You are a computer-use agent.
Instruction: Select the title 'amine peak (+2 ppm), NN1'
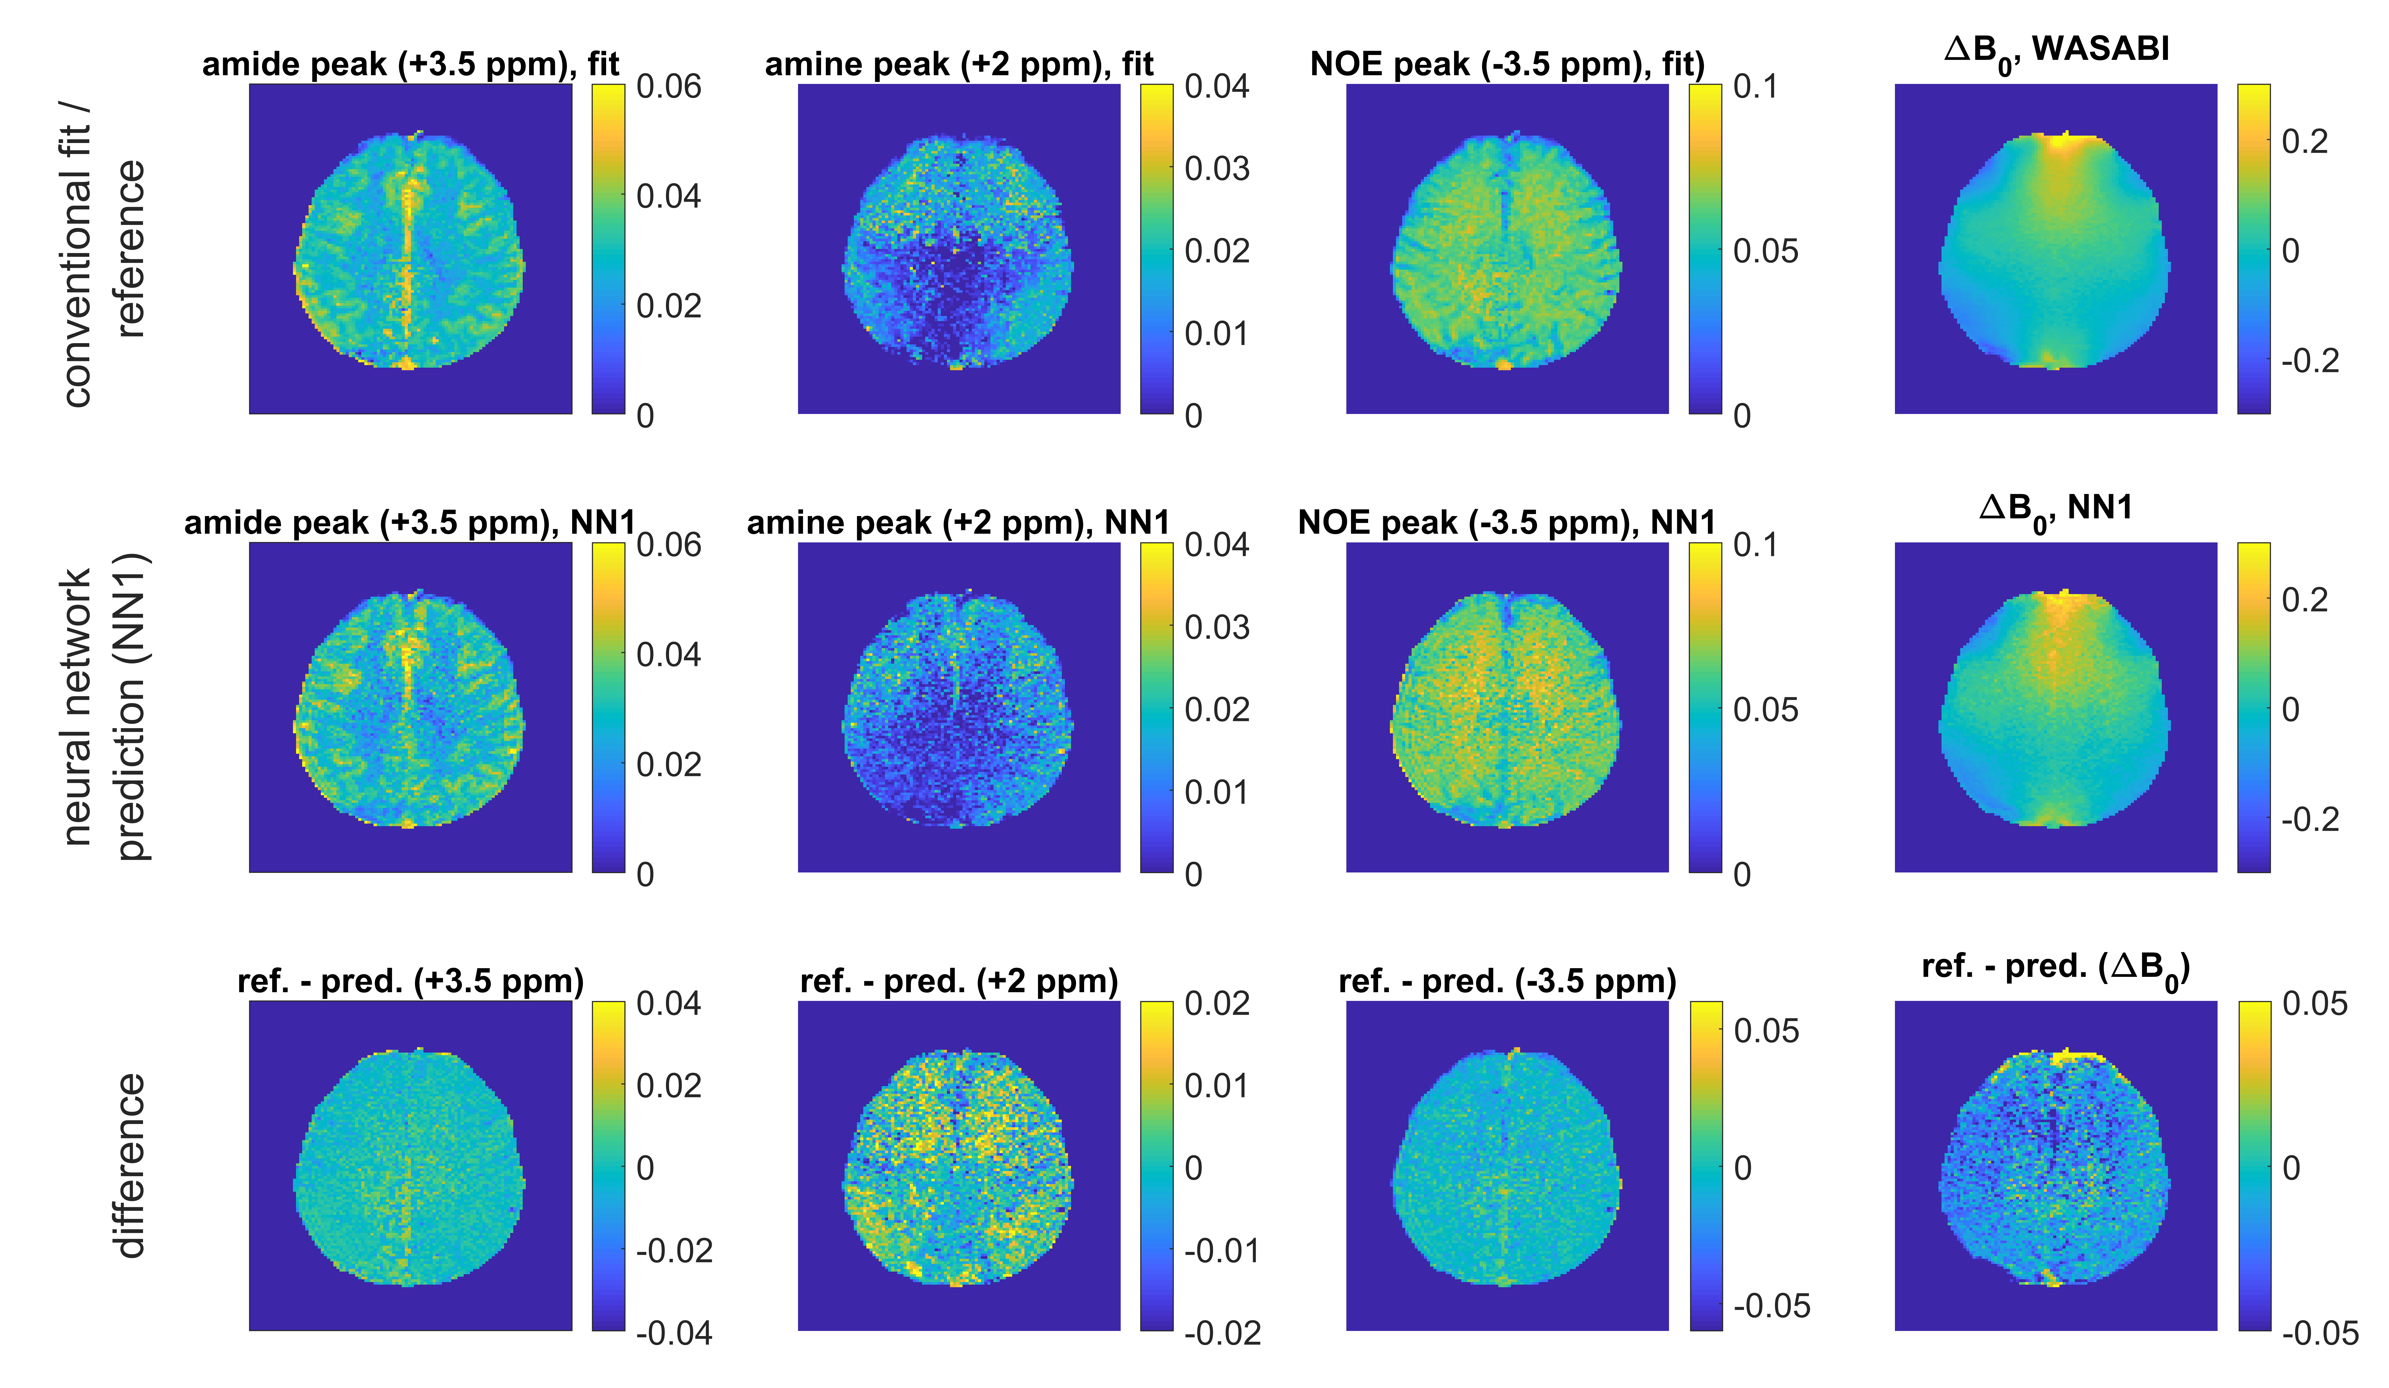(x=957, y=522)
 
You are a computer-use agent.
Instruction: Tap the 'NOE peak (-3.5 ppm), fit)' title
(x=1507, y=64)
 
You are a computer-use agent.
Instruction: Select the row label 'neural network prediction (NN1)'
(x=104, y=706)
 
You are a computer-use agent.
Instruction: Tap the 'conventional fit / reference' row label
(x=104, y=251)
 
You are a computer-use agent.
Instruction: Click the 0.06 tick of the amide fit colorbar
(x=668, y=87)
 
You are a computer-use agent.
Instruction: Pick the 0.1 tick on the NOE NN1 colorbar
(x=1755, y=545)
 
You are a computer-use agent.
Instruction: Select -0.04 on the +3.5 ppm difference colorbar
(x=673, y=1333)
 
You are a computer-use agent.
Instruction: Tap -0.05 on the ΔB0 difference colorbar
(x=2319, y=1333)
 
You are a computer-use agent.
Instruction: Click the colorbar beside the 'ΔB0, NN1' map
(x=2253, y=706)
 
